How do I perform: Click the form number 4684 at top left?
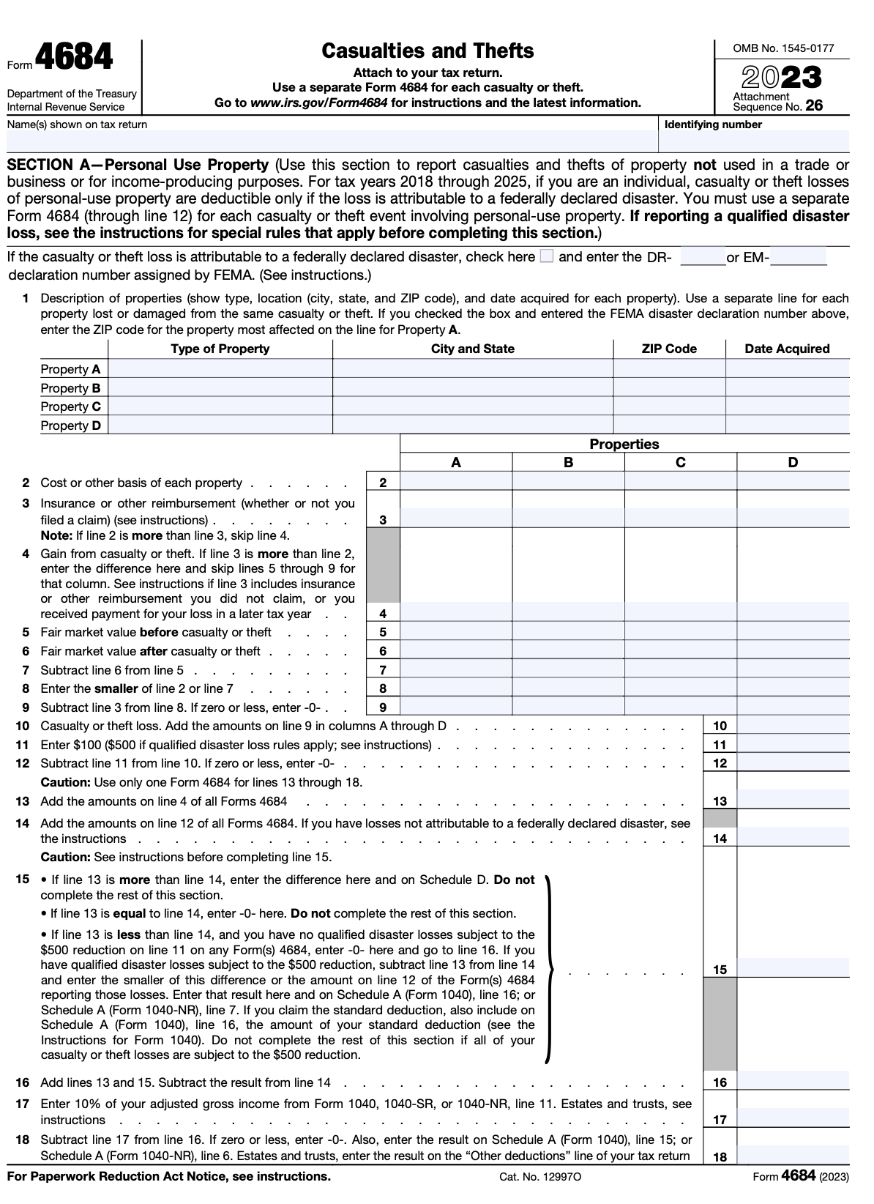click(73, 58)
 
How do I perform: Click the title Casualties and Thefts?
click(427, 51)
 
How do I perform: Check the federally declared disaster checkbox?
click(546, 256)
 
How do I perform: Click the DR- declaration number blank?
click(703, 257)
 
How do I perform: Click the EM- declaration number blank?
click(799, 257)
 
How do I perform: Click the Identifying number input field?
click(755, 141)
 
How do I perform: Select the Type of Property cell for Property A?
click(220, 368)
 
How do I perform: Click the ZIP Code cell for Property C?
click(669, 406)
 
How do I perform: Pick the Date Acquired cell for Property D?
click(788, 425)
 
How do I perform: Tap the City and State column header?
click(472, 349)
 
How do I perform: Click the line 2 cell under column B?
click(568, 482)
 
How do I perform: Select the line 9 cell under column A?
click(456, 707)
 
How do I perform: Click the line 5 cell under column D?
click(793, 632)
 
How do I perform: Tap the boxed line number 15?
click(720, 970)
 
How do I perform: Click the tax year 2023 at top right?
click(782, 78)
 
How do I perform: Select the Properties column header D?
click(793, 462)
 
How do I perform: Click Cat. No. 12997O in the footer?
click(541, 1177)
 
